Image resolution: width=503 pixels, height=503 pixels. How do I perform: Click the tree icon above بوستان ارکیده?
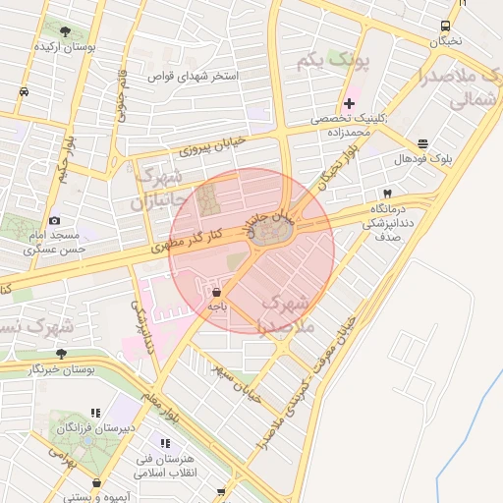(x=65, y=31)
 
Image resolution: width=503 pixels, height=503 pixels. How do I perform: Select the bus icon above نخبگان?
(x=446, y=26)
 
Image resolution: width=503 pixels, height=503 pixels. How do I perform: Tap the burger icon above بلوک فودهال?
(x=422, y=143)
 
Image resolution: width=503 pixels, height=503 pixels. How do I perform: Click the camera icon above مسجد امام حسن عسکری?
(x=54, y=221)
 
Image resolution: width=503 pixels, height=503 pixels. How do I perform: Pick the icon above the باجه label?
(x=217, y=292)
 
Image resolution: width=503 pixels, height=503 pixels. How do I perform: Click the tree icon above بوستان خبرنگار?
(x=61, y=353)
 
